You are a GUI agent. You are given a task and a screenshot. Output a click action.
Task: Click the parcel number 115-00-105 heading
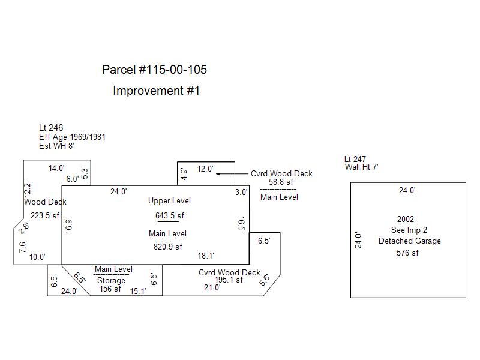155,70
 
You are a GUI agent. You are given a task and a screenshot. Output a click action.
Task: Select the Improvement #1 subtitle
156,91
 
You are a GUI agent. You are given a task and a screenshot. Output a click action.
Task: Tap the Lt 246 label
51,128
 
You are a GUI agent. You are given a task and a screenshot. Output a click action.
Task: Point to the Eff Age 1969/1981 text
72,137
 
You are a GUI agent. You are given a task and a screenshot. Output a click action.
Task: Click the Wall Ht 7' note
361,167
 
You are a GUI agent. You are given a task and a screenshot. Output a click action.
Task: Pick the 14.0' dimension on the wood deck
56,169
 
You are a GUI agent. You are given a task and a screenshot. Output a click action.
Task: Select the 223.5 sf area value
45,216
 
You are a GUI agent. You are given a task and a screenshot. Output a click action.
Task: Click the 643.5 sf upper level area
170,216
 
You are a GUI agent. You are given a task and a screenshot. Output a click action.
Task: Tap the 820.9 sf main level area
168,246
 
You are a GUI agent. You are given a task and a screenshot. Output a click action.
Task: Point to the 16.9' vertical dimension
69,226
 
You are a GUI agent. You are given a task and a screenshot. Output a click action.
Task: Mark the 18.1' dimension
206,256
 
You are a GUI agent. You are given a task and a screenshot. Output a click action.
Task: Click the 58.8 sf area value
281,182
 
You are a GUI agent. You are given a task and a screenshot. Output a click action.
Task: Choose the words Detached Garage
409,241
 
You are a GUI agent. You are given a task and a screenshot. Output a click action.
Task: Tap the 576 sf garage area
407,253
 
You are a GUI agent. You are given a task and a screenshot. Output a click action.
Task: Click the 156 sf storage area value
110,289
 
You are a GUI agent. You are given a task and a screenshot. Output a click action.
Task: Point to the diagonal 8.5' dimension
80,278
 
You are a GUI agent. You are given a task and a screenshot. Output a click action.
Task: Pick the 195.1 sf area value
229,280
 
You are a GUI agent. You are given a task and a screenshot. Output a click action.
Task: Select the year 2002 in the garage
406,220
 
